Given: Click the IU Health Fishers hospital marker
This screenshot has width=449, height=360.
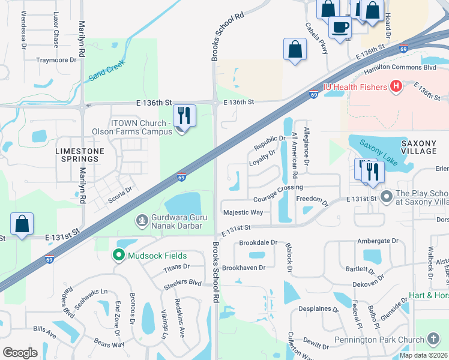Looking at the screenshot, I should pos(396,87).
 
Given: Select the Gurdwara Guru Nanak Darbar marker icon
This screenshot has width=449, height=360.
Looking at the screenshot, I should pos(142,221).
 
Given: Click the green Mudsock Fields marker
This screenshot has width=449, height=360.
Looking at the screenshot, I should pos(119,256).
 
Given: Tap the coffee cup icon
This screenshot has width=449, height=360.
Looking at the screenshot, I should pos(340,27).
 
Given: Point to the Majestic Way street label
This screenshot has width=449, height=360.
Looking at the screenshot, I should pos(243,212).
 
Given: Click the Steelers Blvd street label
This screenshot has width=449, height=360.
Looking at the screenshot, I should pos(182,282).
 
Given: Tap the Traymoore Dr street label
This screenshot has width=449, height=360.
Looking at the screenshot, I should pos(56,60).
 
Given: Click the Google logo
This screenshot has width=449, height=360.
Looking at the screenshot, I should pos(20,353).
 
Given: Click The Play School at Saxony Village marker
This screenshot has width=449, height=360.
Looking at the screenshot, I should pos(386,196).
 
